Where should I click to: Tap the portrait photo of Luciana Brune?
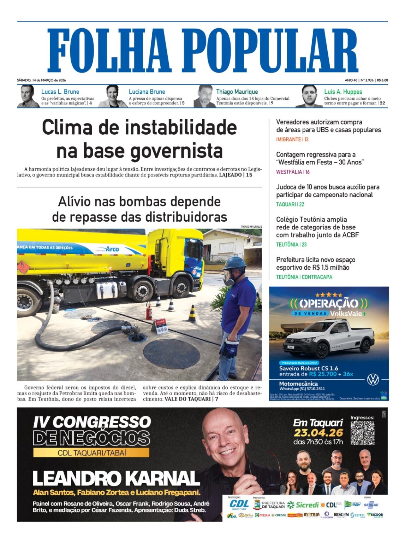(113, 96)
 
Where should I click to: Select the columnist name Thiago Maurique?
(237, 92)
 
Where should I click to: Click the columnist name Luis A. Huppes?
(343, 92)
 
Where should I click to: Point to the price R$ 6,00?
(382, 80)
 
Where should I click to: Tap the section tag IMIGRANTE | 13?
(292, 139)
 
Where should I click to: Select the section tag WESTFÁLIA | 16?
(293, 172)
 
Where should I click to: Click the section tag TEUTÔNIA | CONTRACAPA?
(304, 277)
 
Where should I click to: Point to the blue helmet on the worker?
(234, 263)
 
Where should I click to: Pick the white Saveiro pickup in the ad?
(329, 339)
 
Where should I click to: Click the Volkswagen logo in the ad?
(373, 379)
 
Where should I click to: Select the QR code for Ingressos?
(362, 433)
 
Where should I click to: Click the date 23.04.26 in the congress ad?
(318, 433)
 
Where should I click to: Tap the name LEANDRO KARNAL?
(116, 478)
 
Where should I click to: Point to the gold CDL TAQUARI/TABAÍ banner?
(91, 452)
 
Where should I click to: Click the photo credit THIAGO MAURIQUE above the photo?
(251, 227)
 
